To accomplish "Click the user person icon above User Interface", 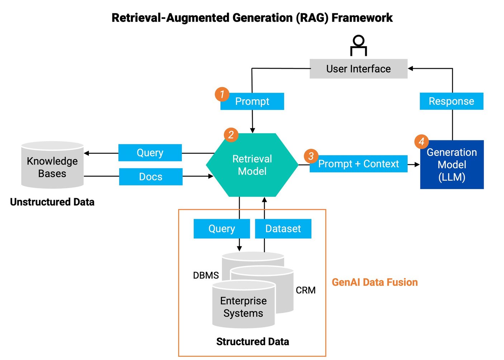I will tap(358, 45).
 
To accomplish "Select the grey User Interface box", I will tap(358, 69).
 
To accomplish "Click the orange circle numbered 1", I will tap(222, 94).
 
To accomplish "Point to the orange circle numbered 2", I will tap(231, 135).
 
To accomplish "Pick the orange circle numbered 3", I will tap(311, 156).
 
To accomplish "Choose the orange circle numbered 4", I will tap(422, 142).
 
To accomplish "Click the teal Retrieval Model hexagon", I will tap(252, 165).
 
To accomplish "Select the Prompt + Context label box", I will tap(358, 164).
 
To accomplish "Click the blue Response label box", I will tap(451, 101).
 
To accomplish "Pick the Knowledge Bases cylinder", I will tap(52, 166).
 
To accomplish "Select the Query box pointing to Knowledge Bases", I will tap(150, 153).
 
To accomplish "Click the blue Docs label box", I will tap(151, 177).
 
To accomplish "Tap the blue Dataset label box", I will tap(283, 229).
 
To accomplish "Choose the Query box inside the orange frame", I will tap(222, 229).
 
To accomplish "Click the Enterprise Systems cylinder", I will tap(243, 307).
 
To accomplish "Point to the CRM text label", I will tap(305, 290).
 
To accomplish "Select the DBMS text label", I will tap(206, 275).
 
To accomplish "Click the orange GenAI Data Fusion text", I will tap(375, 282).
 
